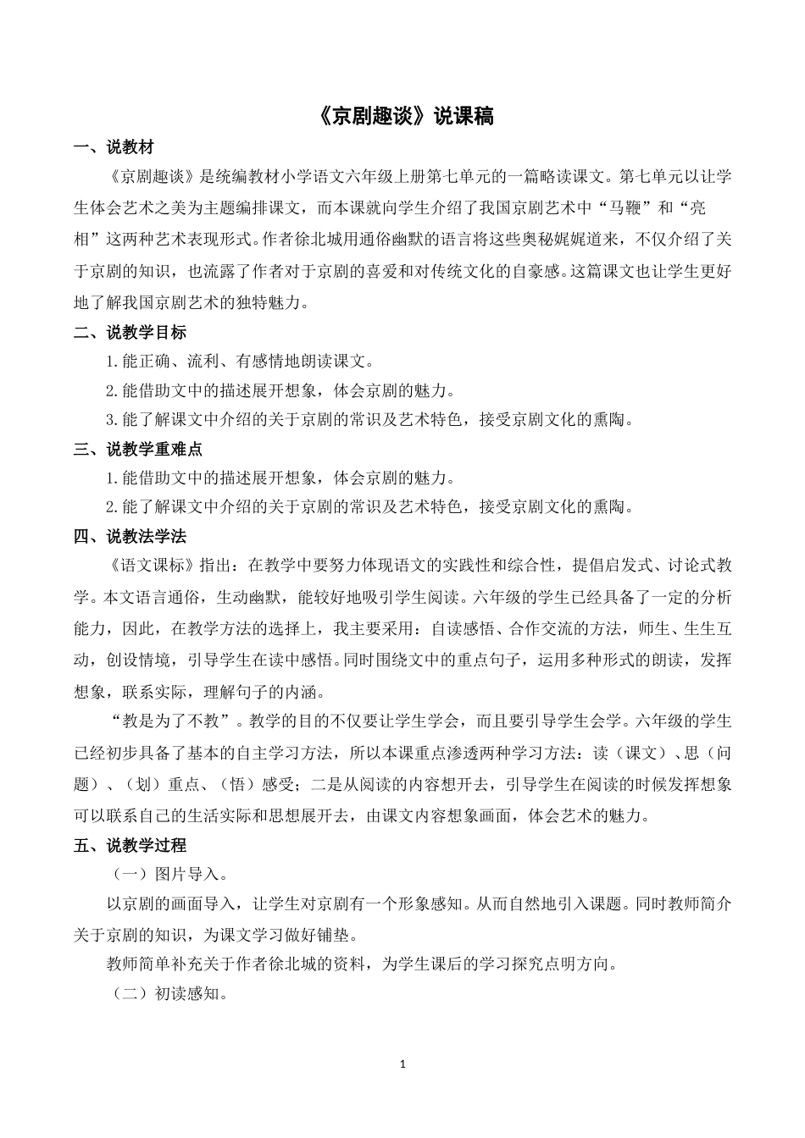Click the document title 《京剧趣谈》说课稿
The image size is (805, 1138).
[x=402, y=116]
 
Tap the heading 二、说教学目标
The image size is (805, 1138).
[x=130, y=332]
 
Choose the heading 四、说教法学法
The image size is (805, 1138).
[x=130, y=536]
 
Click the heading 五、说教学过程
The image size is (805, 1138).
[x=130, y=844]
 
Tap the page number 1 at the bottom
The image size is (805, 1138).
[x=402, y=1063]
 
